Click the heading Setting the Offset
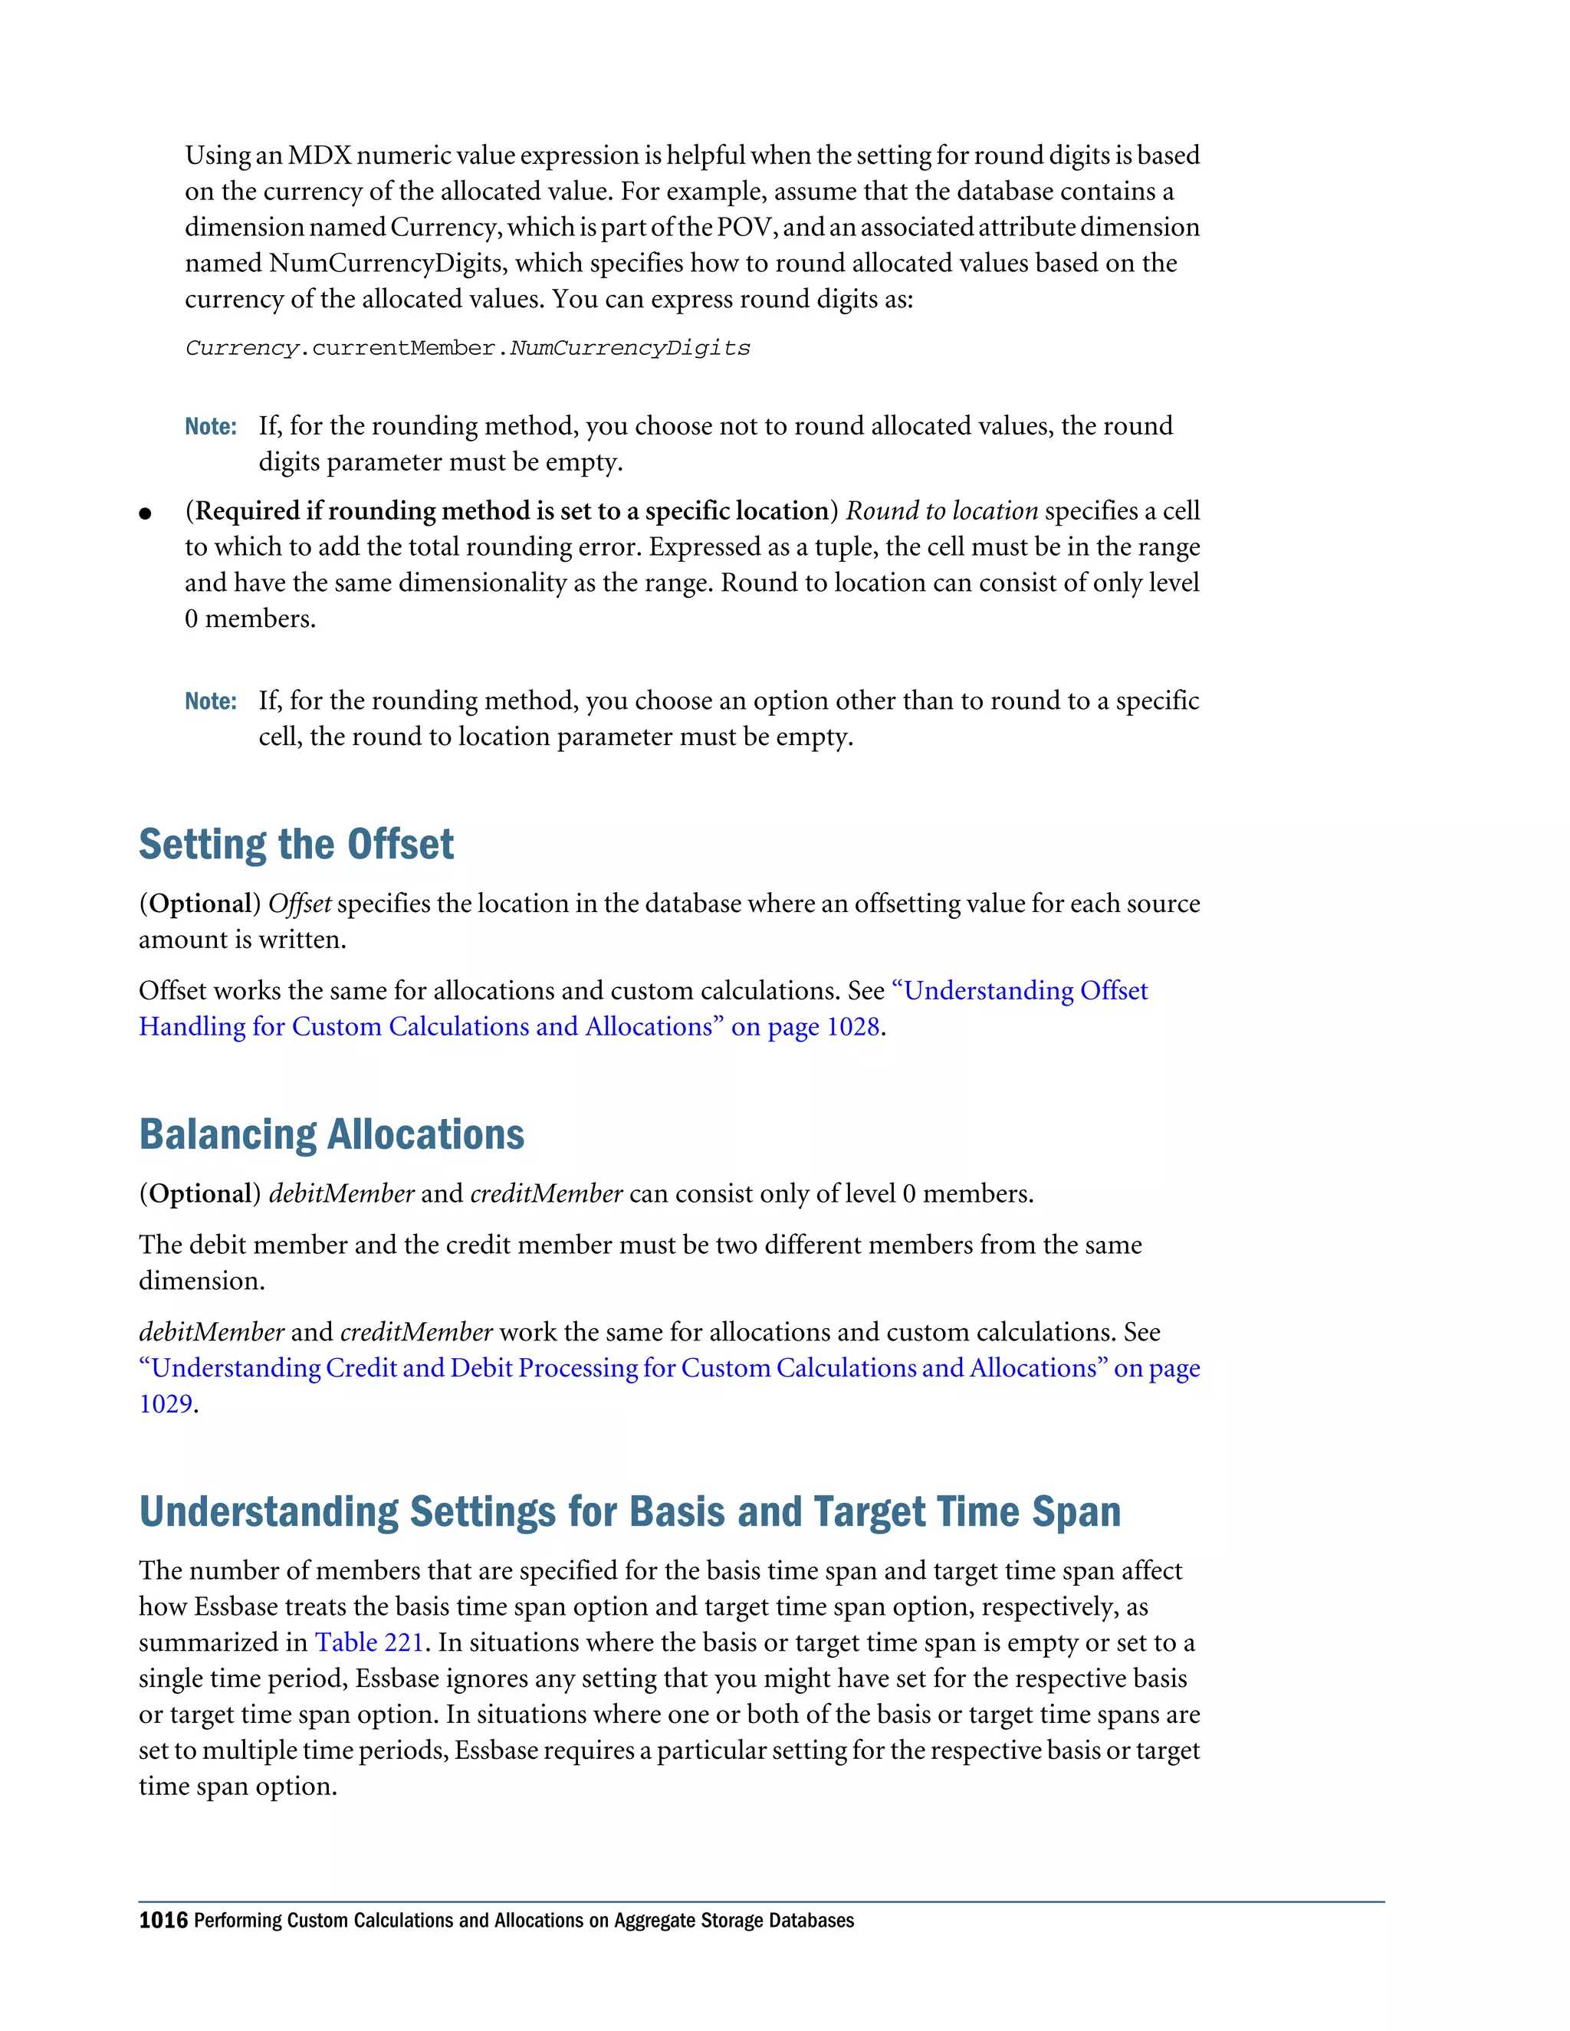click(x=296, y=845)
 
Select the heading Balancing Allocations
click(x=331, y=1134)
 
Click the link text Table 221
click(x=370, y=1642)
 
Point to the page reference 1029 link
click(x=166, y=1404)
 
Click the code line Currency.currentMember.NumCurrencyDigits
click(x=467, y=349)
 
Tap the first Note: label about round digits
click(x=210, y=427)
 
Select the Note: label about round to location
click(x=210, y=701)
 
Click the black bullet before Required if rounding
click(x=145, y=513)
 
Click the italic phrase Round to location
click(x=941, y=511)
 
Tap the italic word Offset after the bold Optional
click(x=300, y=904)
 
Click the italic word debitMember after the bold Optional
click(x=341, y=1194)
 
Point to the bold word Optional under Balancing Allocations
click(x=200, y=1194)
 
